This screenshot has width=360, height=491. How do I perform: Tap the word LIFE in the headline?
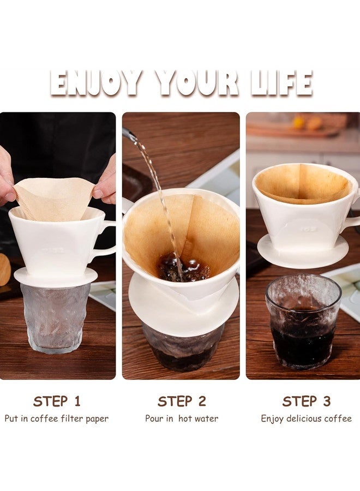pos(281,83)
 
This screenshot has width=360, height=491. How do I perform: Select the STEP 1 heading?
pos(57,401)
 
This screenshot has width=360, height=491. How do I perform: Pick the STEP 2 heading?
pos(182,401)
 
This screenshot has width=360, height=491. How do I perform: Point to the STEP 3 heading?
pos(307,401)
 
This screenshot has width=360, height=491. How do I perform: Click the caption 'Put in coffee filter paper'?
pos(57,418)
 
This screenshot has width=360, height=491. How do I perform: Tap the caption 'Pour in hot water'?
pos(182,418)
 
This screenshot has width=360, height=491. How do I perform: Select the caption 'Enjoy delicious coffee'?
pos(307,418)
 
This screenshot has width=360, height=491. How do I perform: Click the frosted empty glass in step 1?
pos(55,318)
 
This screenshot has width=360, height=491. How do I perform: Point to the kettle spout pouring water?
pos(129,134)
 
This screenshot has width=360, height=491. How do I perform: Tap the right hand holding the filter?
pos(105,182)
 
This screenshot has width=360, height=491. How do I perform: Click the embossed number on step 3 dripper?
pos(309,229)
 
